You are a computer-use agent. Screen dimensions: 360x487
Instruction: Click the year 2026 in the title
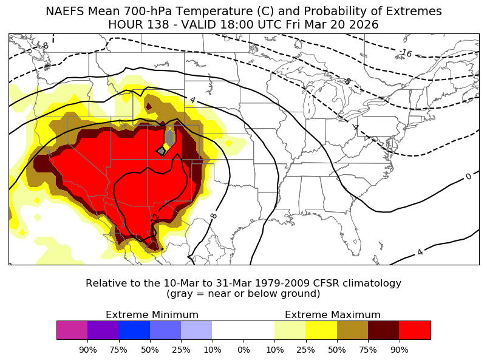tap(363, 25)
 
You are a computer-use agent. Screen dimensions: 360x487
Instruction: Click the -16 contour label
tap(406, 53)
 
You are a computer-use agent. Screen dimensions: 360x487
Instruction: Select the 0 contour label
tap(468, 177)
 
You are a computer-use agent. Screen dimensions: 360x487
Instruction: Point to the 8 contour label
tap(214, 216)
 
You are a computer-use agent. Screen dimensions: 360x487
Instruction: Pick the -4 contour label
tap(355, 127)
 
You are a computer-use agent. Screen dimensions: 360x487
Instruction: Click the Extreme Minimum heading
tap(152, 314)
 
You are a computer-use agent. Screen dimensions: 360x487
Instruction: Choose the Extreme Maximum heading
tap(332, 314)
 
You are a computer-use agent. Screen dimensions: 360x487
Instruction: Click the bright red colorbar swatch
tap(415, 330)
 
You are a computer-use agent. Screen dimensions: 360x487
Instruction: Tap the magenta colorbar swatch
tap(72, 330)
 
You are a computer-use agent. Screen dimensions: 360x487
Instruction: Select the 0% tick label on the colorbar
tap(243, 350)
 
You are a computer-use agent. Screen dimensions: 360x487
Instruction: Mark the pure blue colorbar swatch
tap(134, 330)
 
